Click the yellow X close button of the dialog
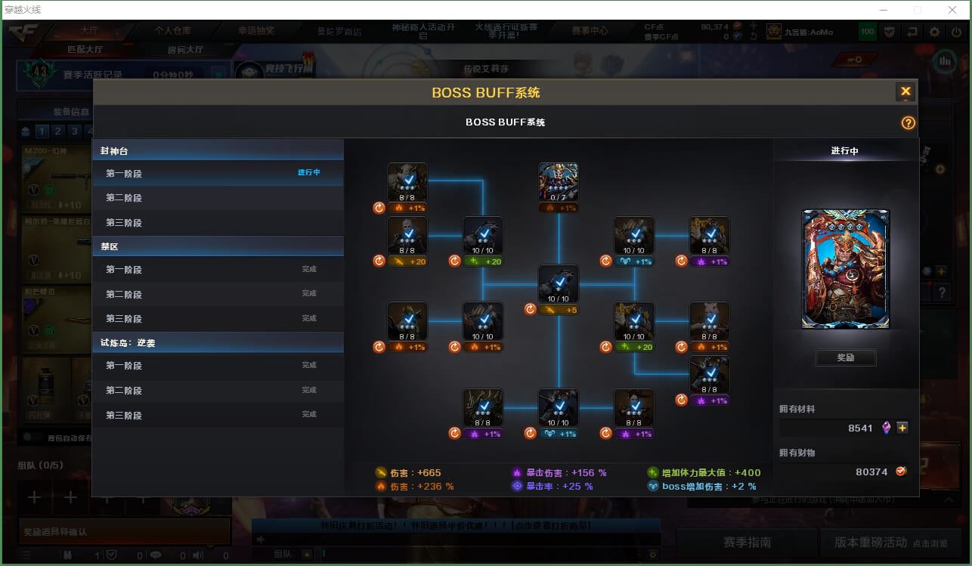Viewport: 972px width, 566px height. point(905,91)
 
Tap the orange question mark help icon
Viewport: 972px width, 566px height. point(909,122)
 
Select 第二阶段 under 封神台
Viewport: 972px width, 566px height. point(124,198)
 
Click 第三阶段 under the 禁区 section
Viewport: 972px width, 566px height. point(124,318)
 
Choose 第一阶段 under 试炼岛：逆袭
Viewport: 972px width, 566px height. point(124,366)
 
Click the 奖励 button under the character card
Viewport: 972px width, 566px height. point(846,357)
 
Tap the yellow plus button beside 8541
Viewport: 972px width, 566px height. point(902,428)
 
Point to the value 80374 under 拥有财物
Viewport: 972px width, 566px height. point(871,472)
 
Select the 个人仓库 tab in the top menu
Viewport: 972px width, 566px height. point(173,31)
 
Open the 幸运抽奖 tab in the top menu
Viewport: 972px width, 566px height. point(256,31)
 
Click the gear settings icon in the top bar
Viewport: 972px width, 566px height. point(935,32)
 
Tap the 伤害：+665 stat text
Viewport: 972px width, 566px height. point(416,473)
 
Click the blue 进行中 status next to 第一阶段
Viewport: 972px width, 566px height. point(308,172)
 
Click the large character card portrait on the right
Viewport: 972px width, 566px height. point(846,269)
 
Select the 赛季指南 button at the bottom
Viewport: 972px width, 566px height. point(747,542)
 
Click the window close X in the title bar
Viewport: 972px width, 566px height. point(952,10)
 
